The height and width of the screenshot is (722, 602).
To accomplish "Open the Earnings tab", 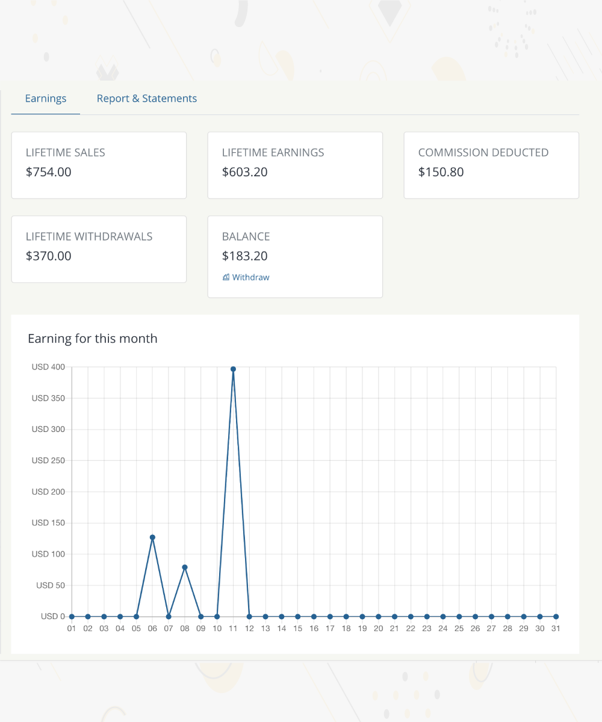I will point(46,99).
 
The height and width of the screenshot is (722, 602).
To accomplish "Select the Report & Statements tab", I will point(147,99).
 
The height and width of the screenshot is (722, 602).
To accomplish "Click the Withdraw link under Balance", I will point(246,277).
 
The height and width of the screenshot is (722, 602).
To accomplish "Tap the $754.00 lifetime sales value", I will point(49,172).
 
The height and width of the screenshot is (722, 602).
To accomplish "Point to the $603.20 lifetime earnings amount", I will point(245,172).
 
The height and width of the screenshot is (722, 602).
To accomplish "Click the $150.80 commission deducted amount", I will point(441,172).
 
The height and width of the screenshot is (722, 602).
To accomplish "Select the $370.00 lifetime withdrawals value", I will point(49,256).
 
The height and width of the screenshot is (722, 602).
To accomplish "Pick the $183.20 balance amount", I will point(245,256).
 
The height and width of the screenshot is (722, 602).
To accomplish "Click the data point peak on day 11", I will point(233,369).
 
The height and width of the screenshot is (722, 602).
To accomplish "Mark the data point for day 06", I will point(152,537).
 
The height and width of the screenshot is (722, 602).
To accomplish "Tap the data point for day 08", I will point(185,567).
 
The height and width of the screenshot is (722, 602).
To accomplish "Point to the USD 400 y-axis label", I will point(48,367).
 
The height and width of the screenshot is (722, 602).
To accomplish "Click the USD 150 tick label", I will point(48,523).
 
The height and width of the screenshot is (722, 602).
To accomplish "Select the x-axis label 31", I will point(556,629).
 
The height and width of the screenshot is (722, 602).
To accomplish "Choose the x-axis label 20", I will point(378,629).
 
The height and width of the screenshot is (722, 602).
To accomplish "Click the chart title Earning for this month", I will point(93,339).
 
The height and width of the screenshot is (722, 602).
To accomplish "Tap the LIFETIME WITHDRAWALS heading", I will point(89,236).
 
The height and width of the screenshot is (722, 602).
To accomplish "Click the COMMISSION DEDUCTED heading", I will point(483,153).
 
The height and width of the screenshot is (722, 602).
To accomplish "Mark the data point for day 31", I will point(556,617).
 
